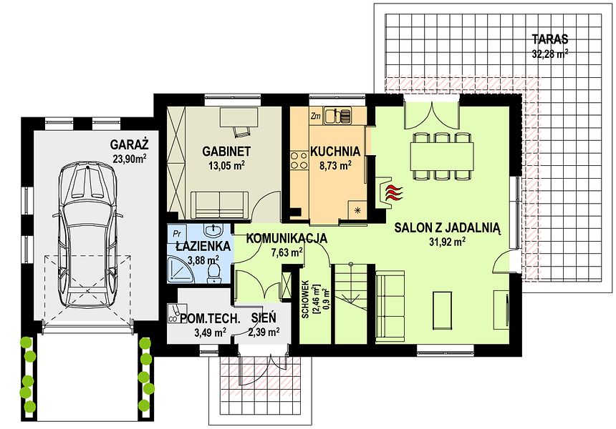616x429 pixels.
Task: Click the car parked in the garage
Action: (89, 236)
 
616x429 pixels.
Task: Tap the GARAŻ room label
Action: (129, 145)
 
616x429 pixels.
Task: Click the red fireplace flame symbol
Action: (394, 192)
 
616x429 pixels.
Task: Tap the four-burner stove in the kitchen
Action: (299, 161)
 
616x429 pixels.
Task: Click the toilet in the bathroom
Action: (213, 272)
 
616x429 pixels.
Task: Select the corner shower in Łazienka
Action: (181, 269)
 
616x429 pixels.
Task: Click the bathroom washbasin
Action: (213, 230)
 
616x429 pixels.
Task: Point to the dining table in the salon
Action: (442, 157)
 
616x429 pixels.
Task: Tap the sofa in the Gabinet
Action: (220, 204)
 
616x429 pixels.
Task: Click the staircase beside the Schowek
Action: (351, 303)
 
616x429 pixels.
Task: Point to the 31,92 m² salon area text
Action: (447, 242)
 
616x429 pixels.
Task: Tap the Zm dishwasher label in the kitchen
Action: (316, 116)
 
